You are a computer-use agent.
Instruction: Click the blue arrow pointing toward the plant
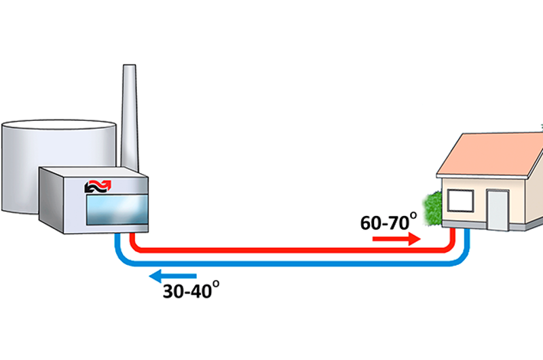coord(172,276)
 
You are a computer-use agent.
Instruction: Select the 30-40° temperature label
coord(191,290)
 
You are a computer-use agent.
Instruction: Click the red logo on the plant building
coord(101,186)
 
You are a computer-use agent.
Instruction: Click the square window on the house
coord(459,200)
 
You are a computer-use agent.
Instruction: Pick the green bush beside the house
coord(432,208)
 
